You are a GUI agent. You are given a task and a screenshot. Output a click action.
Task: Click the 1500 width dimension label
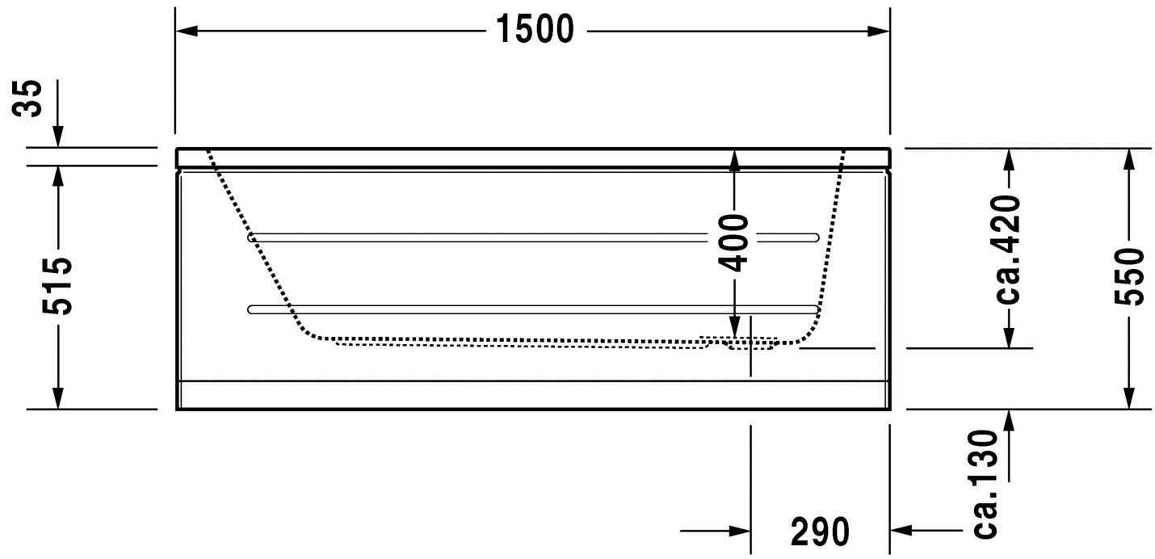pyautogui.click(x=535, y=31)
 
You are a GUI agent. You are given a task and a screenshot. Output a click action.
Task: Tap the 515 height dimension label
pyautogui.click(x=58, y=287)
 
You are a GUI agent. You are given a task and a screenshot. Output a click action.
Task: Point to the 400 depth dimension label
pyautogui.click(x=734, y=242)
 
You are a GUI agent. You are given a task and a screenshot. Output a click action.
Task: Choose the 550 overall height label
pyautogui.click(x=1129, y=277)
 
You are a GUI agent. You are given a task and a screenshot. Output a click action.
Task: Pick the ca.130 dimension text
pyautogui.click(x=986, y=484)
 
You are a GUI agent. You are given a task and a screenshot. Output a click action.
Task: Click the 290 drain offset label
pyautogui.click(x=820, y=532)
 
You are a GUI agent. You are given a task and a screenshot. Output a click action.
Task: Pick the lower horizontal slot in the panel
pyautogui.click(x=533, y=309)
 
